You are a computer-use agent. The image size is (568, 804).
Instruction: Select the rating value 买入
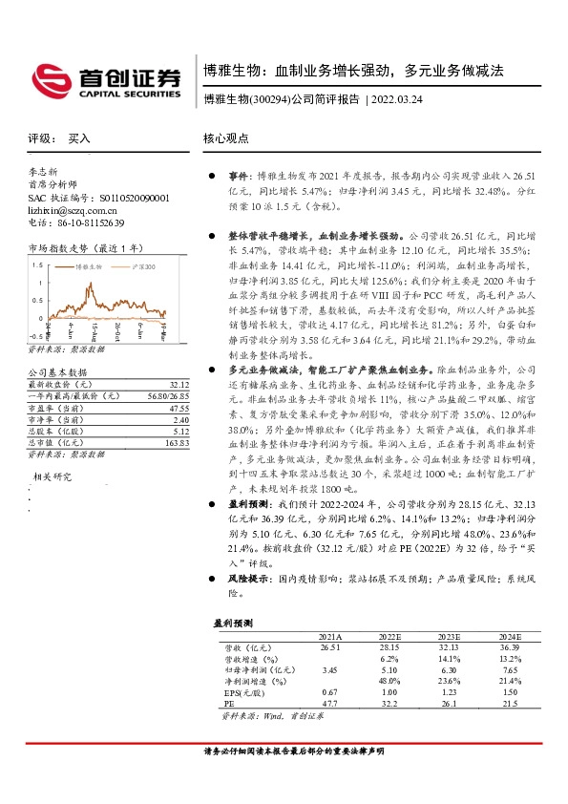click(79, 138)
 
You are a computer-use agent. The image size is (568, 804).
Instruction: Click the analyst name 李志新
click(44, 172)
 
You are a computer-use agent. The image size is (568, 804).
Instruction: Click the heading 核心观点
click(225, 138)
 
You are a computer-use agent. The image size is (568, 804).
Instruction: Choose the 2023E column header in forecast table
click(449, 636)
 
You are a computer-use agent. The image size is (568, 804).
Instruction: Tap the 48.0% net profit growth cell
click(389, 681)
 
